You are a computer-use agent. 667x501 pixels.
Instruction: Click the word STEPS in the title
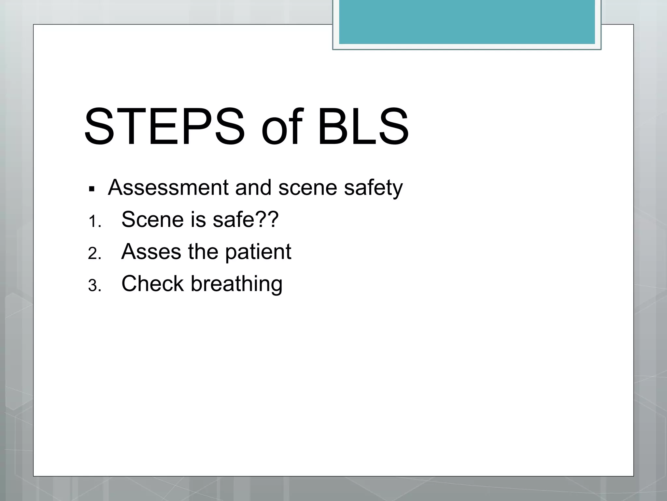click(x=164, y=127)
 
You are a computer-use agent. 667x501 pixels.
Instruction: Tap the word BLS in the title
click(x=363, y=127)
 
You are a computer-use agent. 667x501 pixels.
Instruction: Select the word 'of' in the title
click(x=282, y=127)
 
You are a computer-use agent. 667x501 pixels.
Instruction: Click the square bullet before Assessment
click(x=92, y=189)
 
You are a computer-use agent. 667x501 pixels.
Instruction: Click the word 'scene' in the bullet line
click(x=307, y=188)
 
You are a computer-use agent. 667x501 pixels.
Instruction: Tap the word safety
click(x=373, y=188)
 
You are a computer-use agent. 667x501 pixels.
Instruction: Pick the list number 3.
click(x=94, y=286)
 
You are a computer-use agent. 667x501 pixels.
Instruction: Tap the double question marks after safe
click(x=267, y=219)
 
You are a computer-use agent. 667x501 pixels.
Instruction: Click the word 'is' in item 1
click(x=198, y=220)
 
